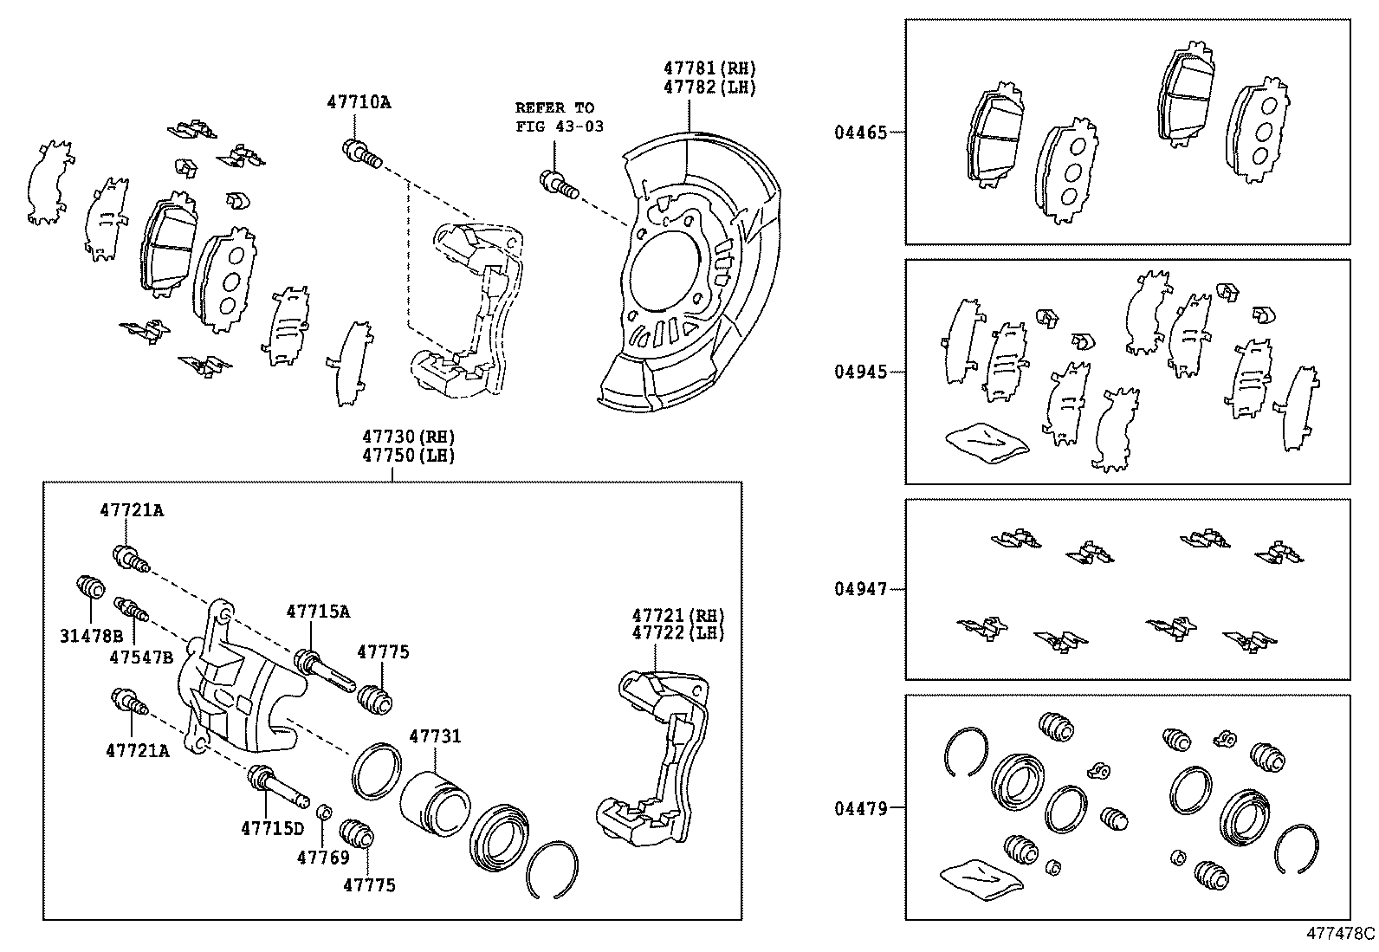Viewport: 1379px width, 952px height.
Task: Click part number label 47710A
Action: pyautogui.click(x=358, y=102)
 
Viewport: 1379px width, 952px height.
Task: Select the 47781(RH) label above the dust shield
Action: pyautogui.click(x=709, y=67)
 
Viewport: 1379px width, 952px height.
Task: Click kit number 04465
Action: pyautogui.click(x=860, y=133)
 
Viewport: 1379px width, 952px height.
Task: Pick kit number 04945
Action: pyautogui.click(x=860, y=372)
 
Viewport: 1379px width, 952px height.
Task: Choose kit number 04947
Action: pyautogui.click(x=860, y=589)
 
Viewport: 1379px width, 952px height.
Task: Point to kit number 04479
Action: pyautogui.click(x=860, y=808)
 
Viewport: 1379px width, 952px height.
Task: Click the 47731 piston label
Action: pyautogui.click(x=435, y=736)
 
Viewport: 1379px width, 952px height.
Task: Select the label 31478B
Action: pyautogui.click(x=90, y=635)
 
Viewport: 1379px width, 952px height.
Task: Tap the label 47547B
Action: pyautogui.click(x=141, y=657)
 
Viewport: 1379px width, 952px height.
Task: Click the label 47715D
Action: pyautogui.click(x=272, y=827)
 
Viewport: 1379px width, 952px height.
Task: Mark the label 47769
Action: pyautogui.click(x=322, y=858)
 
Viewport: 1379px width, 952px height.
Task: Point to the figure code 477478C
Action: pyautogui.click(x=1340, y=934)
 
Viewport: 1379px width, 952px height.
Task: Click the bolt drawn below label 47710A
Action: pyautogui.click(x=361, y=155)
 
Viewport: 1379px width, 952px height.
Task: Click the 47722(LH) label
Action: pyautogui.click(x=677, y=633)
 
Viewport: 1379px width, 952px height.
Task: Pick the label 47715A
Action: pyautogui.click(x=318, y=612)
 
